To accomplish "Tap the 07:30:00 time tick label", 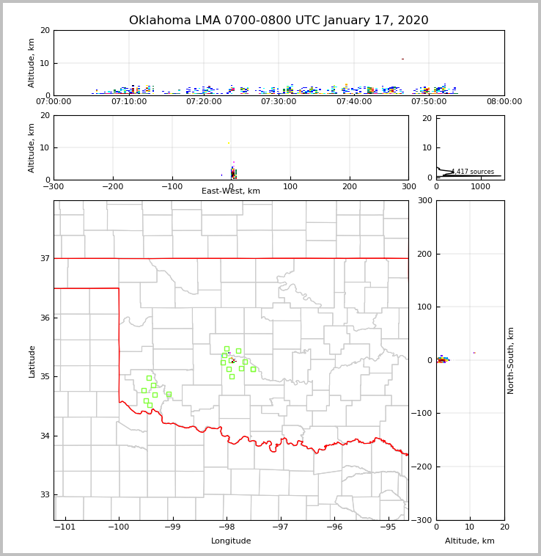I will (x=279, y=102).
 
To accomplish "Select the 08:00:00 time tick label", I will (x=504, y=102).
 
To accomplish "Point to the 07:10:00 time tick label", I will (x=128, y=102).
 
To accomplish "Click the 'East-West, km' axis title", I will (x=231, y=191).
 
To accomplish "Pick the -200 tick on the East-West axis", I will (x=112, y=186).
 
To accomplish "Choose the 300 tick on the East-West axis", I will (x=408, y=186).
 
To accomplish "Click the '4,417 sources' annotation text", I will (x=473, y=172).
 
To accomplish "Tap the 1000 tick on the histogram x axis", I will (x=481, y=186).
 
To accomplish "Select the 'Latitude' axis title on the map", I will (x=32, y=361).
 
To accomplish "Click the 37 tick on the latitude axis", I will (x=44, y=258).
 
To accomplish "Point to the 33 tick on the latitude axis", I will (x=44, y=495).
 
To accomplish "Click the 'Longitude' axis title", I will (x=231, y=541).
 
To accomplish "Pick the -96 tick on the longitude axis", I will (x=334, y=527).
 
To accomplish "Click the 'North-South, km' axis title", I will (x=511, y=360).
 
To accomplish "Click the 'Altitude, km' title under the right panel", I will (x=470, y=541).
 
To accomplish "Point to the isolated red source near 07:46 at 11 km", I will (x=402, y=59).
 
